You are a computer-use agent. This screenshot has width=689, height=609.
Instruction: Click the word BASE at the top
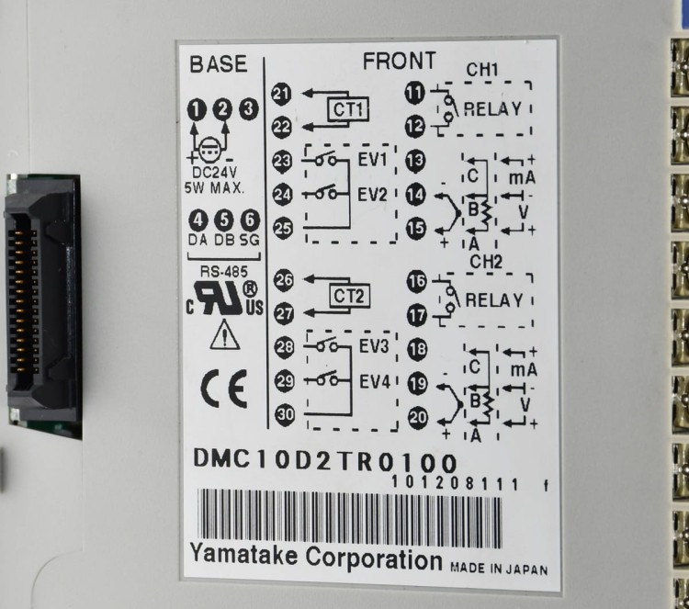tap(219, 64)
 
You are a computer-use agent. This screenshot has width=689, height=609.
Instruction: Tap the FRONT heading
tap(400, 61)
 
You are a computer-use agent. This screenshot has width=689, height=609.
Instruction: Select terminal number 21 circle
tap(281, 94)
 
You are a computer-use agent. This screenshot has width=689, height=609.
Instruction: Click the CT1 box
tap(348, 109)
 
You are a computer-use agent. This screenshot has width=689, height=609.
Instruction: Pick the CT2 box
tap(349, 297)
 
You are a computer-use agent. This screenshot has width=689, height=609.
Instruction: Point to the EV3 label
tap(374, 346)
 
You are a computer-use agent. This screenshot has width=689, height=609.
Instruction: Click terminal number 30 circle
tap(285, 414)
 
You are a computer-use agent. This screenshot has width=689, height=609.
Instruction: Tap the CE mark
tap(223, 389)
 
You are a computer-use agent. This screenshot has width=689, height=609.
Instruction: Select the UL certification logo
tap(224, 299)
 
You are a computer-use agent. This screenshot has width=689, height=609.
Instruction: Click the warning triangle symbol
tap(224, 335)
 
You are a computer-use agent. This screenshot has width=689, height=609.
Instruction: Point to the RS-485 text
tap(224, 272)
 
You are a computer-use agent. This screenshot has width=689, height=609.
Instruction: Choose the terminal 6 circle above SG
tap(250, 220)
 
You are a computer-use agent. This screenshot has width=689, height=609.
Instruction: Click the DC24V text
tap(215, 172)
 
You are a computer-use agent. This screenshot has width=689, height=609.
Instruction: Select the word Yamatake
tap(243, 555)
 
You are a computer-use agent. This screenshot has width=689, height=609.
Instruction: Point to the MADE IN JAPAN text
tap(499, 569)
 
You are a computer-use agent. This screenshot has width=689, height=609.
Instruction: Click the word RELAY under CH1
tap(492, 109)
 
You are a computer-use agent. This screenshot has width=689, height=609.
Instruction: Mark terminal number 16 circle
tap(416, 282)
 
